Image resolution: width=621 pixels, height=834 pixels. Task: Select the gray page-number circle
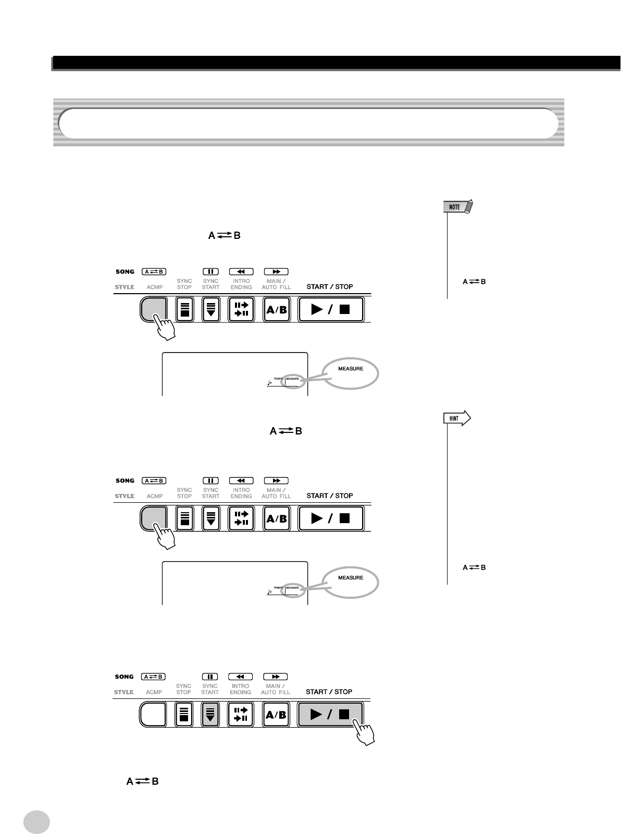pos(36,821)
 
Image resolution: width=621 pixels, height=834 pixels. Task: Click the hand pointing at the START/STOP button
pos(363,733)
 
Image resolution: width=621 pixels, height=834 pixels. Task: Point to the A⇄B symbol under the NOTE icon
pos(474,282)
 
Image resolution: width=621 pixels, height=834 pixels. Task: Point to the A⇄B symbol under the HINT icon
pos(474,567)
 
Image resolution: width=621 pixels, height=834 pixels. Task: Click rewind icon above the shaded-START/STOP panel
pos(241,676)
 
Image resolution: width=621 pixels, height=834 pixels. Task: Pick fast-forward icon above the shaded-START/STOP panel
pos(276,676)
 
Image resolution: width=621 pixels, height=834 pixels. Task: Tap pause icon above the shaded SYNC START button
pos(210,676)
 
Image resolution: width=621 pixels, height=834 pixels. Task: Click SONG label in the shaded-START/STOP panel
pos(125,676)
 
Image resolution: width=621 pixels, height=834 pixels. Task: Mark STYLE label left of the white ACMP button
pos(124,692)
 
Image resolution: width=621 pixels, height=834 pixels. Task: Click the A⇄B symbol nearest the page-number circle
pos(142,781)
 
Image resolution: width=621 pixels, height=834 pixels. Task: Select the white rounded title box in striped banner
pos(307,124)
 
